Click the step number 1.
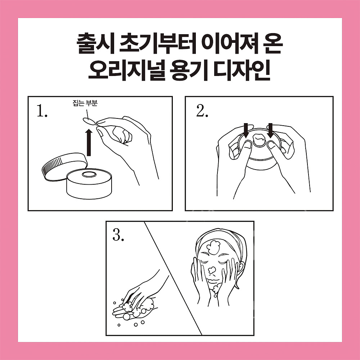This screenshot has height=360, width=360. pyautogui.click(x=42, y=112)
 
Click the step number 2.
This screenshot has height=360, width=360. pyautogui.click(x=202, y=112)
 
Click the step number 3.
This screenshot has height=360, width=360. pyautogui.click(x=118, y=236)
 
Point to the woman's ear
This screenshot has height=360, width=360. pyautogui.click(x=241, y=268)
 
